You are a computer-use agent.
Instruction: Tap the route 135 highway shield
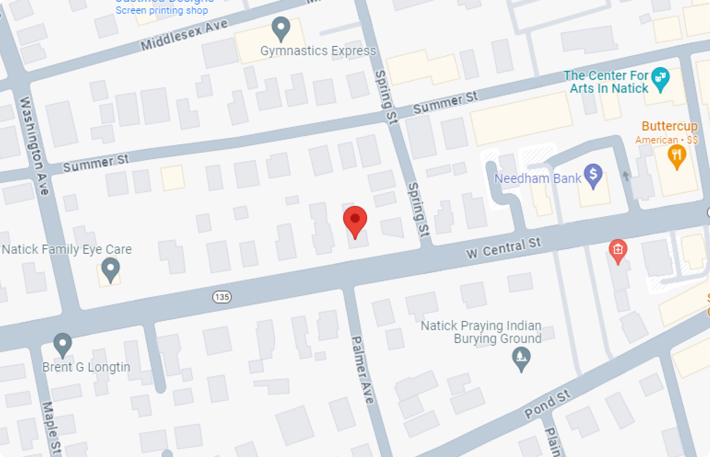222,297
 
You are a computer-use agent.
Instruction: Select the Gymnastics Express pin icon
281,28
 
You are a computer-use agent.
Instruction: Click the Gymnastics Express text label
318,51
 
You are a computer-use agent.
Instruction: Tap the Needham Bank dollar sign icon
593,175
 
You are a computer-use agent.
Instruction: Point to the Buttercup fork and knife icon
676,155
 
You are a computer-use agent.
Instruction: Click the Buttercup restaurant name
669,126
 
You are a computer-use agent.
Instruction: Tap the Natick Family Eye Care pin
111,269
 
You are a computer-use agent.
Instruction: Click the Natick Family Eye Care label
67,249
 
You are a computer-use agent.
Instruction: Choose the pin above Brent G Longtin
63,344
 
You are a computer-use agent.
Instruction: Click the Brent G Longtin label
86,367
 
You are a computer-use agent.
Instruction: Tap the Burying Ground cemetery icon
521,357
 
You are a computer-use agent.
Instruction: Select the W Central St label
503,248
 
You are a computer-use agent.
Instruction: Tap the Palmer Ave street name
363,369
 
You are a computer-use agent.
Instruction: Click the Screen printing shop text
162,10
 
